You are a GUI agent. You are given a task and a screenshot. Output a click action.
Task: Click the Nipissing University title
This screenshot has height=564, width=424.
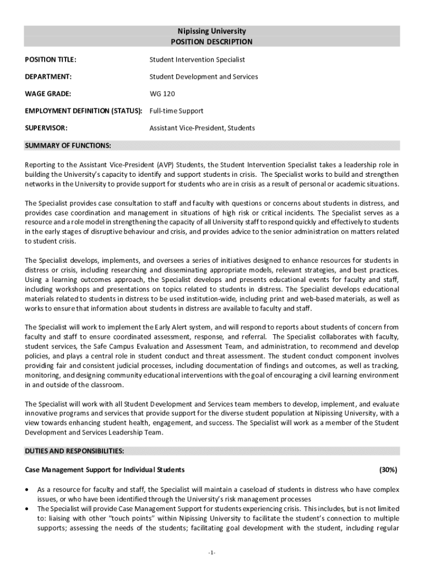[211, 31]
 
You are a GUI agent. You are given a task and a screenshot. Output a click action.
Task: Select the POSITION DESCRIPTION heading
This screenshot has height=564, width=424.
[211, 42]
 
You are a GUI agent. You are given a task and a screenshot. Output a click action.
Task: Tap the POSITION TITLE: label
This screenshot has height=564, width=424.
[51, 59]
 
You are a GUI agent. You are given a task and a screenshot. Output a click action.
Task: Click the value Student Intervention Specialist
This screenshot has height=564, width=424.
[197, 59]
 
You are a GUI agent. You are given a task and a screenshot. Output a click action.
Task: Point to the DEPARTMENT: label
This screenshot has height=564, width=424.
[48, 77]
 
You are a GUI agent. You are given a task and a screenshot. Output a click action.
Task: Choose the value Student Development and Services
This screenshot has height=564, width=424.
[204, 77]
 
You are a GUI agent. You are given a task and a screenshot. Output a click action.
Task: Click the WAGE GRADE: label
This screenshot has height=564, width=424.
[48, 94]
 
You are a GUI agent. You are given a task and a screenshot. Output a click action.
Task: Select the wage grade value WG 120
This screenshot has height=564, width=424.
[162, 94]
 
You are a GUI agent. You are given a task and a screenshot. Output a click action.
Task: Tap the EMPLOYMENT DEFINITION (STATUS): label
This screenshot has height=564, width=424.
[84, 111]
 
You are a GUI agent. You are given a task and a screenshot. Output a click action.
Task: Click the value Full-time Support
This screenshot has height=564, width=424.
[176, 111]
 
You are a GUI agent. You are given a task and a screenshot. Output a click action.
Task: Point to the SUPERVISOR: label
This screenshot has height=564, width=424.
[46, 128]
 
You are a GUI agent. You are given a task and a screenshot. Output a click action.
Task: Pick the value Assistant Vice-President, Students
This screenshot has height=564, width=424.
[202, 128]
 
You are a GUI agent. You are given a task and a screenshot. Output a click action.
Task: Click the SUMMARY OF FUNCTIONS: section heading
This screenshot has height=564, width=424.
[68, 145]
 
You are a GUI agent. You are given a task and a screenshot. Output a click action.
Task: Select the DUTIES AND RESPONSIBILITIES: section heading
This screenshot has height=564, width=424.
[74, 451]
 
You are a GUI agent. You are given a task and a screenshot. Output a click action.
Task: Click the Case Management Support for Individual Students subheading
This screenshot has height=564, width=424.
[105, 470]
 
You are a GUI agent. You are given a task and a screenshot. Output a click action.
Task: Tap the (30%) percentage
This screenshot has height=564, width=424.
[388, 470]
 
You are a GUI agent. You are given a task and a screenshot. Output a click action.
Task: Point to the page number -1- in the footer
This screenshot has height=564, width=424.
[212, 552]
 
